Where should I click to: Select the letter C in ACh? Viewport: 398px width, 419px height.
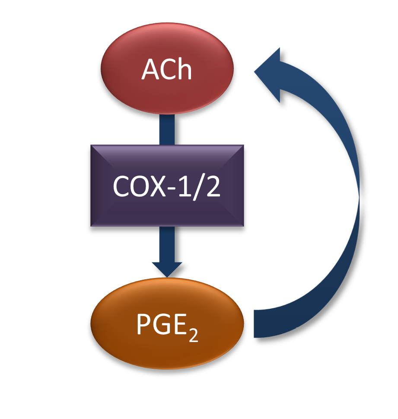pos(168,70)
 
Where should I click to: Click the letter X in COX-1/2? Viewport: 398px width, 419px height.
pos(159,186)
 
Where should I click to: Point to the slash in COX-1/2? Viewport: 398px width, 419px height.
pos(200,186)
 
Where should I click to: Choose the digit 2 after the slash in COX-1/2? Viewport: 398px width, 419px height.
pos(213,186)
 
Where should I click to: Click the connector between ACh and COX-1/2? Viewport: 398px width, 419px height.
pos(167,129)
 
